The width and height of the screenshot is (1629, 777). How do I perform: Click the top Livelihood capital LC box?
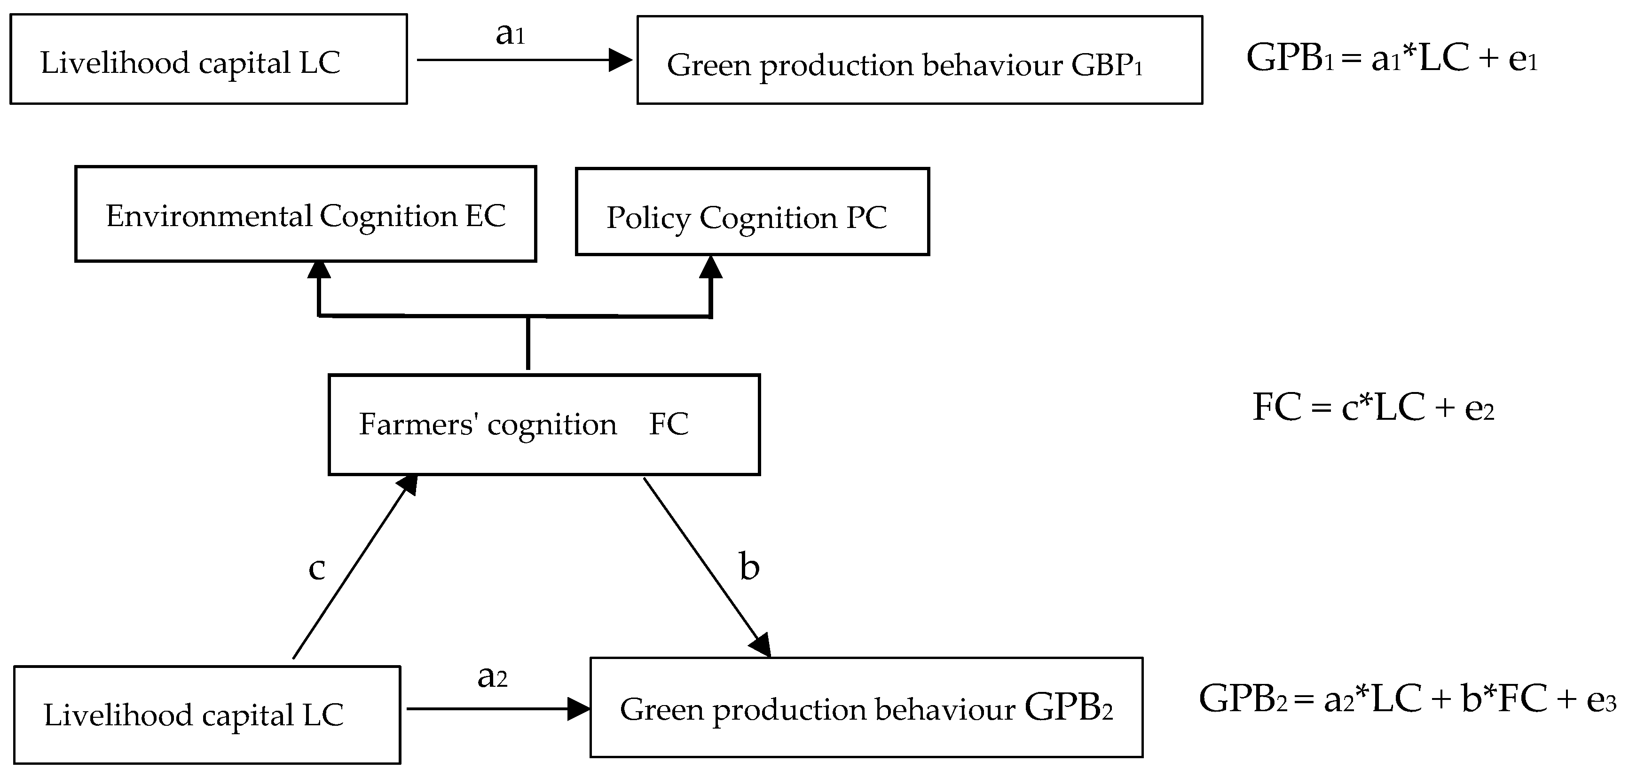209,59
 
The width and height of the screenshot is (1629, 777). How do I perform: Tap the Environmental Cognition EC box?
306,214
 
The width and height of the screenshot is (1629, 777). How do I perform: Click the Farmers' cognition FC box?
544,424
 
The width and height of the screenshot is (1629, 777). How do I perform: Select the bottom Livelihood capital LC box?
207,714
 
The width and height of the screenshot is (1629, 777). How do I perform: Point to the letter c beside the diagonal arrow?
316,568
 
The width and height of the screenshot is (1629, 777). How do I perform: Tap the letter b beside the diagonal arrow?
749,566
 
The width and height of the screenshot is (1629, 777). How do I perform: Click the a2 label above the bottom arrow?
492,676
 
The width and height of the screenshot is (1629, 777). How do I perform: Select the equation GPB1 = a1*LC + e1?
1391,59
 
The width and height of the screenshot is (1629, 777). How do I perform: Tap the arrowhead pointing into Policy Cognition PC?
711,267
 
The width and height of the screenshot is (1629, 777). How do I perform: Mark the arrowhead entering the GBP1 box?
620,60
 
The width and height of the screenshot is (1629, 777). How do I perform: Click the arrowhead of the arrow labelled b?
761,644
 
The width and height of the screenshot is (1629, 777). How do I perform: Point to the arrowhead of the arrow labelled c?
408,485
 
